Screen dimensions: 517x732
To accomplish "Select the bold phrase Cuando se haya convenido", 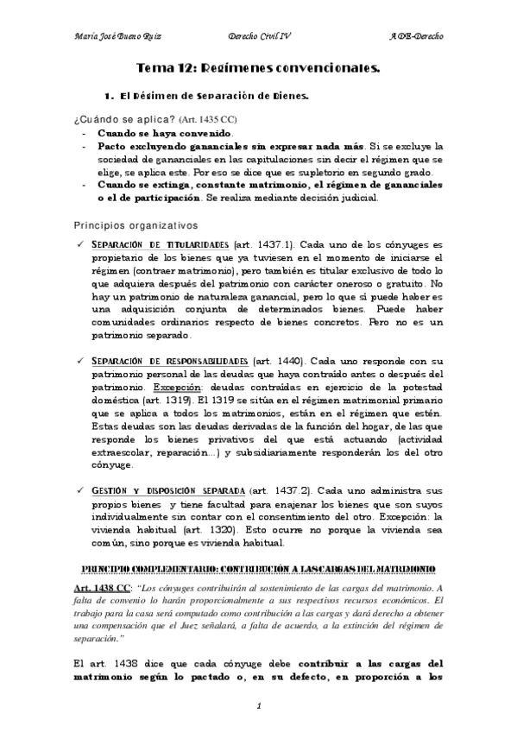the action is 165,134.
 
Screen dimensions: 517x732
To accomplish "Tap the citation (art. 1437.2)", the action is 282,488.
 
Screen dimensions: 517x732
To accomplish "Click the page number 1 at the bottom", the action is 259,707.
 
